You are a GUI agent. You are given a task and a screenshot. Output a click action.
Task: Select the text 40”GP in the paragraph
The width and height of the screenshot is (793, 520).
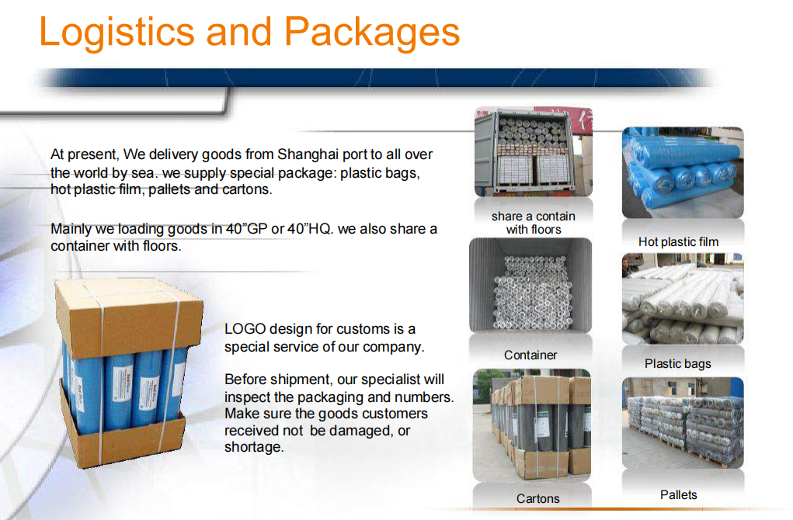[246, 229]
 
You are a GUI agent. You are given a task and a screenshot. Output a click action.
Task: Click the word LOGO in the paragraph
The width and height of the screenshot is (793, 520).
[245, 329]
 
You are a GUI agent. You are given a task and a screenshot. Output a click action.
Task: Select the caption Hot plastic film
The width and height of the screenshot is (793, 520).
[678, 242]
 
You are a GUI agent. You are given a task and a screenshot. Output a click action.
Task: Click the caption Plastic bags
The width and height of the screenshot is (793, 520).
[678, 364]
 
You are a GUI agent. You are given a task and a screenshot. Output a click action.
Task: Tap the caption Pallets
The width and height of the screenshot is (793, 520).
[679, 494]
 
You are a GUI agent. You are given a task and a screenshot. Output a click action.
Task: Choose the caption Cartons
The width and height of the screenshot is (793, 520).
[538, 499]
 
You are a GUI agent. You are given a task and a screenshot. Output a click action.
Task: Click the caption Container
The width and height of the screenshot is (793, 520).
[530, 355]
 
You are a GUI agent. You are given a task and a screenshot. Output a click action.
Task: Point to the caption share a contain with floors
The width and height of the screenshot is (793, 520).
[534, 223]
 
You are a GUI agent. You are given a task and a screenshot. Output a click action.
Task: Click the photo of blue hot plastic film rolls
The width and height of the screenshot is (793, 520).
[683, 173]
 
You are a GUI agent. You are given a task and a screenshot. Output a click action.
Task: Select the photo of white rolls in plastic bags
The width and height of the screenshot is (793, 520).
[683, 299]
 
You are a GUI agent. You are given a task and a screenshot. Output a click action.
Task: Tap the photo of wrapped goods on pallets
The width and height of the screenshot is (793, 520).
[683, 423]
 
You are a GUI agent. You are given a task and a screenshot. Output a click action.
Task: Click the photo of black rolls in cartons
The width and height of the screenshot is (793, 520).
[531, 425]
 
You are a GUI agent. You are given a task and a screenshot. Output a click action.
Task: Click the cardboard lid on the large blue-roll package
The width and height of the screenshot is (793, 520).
[129, 314]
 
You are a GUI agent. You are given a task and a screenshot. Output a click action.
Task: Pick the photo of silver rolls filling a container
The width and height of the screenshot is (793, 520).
[530, 285]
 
